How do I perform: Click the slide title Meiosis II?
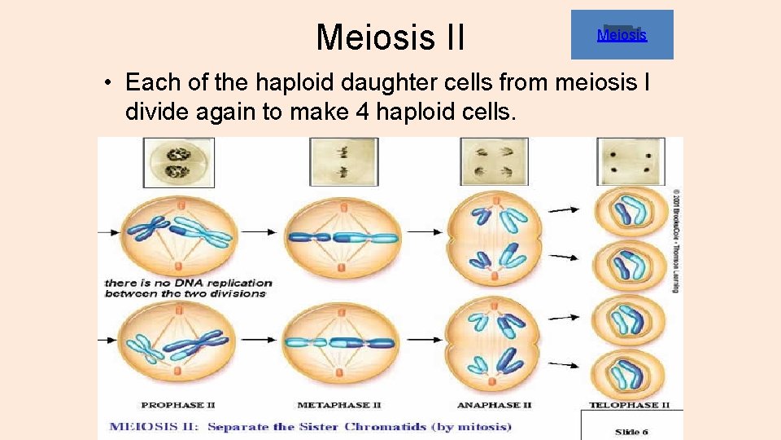[x=390, y=37]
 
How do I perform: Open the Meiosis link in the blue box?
[x=622, y=35]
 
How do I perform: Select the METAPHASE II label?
[x=339, y=405]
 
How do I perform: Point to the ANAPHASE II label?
[x=495, y=405]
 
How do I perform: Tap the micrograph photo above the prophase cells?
[x=179, y=162]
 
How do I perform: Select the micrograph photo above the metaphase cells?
[x=343, y=162]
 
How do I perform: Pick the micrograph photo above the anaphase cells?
[x=494, y=162]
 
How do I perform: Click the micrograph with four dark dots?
[x=630, y=162]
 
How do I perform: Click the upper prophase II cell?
[x=186, y=231]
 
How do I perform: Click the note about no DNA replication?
[x=187, y=288]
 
